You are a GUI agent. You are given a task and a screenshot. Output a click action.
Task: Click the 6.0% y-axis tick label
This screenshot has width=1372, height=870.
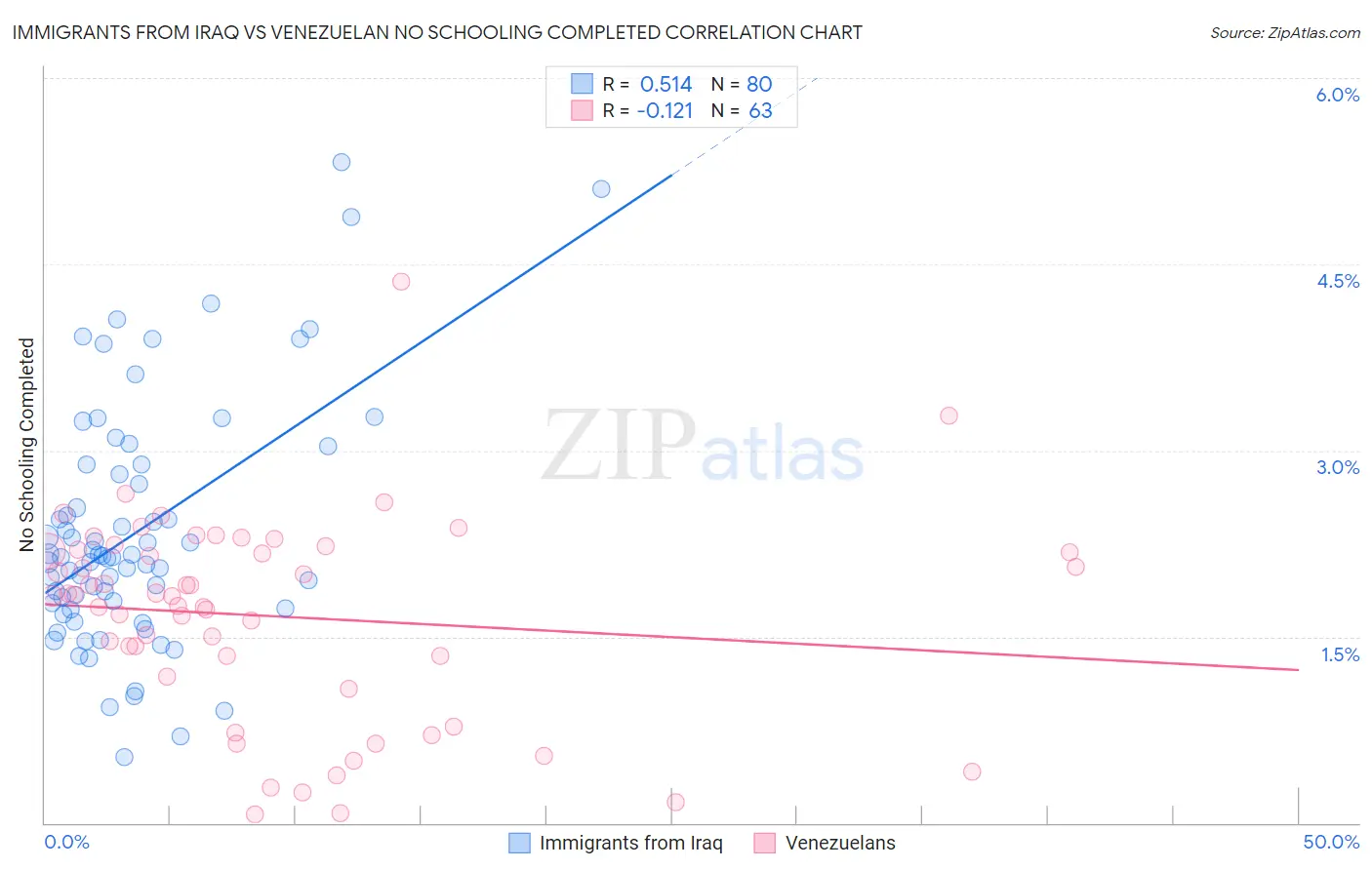coord(1337,95)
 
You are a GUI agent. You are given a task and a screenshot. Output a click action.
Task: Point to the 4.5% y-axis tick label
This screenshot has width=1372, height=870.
coord(1337,281)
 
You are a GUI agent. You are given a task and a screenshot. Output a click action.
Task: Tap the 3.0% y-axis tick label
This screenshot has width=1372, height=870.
coord(1337,467)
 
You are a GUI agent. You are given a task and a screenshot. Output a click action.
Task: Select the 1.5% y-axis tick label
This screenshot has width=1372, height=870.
coord(1340,654)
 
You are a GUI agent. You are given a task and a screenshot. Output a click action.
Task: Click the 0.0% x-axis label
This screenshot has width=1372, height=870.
coord(66,842)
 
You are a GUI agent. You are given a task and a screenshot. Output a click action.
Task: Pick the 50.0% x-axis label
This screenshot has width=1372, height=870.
coord(1331,842)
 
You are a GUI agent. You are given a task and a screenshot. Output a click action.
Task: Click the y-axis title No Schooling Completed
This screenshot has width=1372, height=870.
coord(26,445)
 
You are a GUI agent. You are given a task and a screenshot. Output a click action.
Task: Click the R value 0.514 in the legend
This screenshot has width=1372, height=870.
coord(666,85)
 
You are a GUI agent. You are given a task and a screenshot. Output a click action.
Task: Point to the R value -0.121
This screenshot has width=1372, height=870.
coord(665,111)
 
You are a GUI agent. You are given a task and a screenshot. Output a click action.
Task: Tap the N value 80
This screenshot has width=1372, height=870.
coord(759,85)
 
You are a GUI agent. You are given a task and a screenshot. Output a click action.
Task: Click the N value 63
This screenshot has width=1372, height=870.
coord(760,111)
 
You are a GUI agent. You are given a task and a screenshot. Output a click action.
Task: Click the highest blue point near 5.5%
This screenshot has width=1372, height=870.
coord(342,162)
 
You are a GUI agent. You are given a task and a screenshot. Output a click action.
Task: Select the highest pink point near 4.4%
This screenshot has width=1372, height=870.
coord(401,282)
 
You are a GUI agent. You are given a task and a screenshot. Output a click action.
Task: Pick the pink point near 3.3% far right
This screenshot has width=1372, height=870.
coord(948,415)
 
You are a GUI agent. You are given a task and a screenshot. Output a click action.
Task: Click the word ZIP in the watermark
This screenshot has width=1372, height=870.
coord(619,446)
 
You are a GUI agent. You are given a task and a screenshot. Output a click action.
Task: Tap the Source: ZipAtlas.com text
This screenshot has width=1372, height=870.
coord(1284,33)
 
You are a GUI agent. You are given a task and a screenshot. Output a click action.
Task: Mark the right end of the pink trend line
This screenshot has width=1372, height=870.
coord(1298,670)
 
